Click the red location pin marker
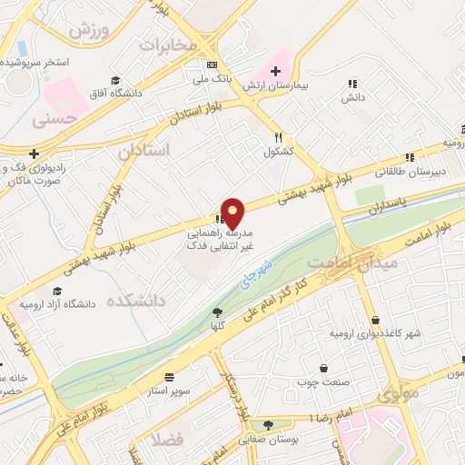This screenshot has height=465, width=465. point(233,213)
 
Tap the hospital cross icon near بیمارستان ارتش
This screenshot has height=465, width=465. point(275,71)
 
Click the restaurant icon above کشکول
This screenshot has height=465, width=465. point(279,136)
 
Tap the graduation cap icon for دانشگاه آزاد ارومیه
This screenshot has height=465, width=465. point(57,291)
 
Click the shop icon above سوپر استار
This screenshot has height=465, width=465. point(169,376)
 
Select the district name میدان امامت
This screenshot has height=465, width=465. point(354,262)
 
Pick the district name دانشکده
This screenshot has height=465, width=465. point(141,301)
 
